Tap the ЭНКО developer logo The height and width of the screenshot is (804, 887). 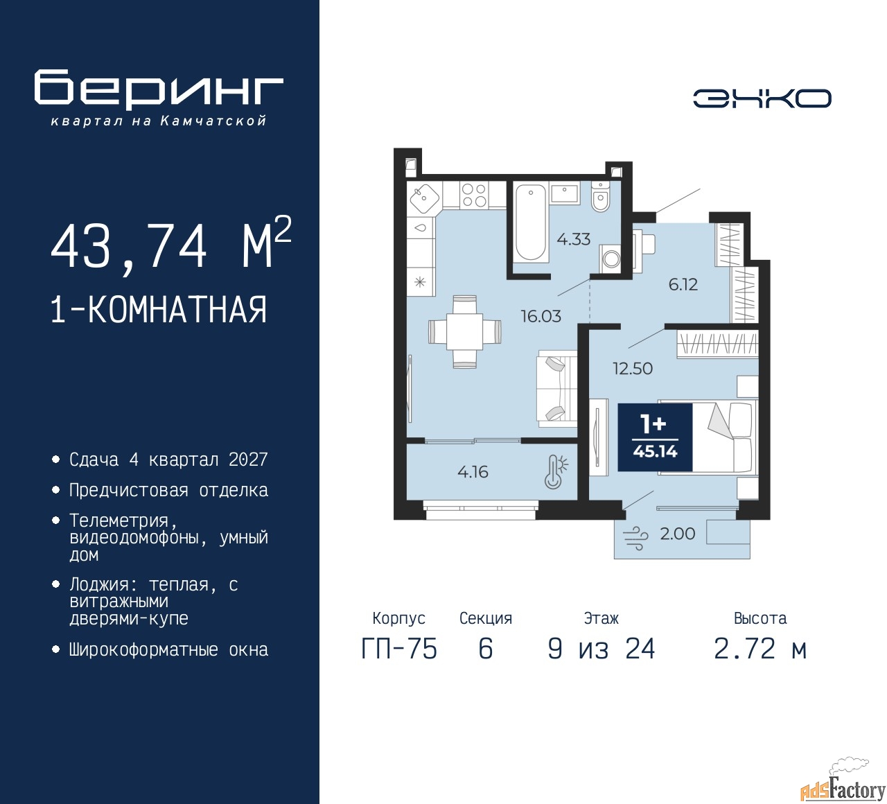tap(762, 98)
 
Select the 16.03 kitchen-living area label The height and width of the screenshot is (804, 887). tap(541, 316)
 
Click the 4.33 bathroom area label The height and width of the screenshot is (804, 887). tap(574, 239)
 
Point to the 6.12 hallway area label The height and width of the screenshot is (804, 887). tap(683, 284)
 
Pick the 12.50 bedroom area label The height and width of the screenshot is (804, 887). tap(632, 369)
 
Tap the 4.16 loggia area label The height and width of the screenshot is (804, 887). tap(473, 472)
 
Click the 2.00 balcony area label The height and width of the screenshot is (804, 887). tap(678, 534)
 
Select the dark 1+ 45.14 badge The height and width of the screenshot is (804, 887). tap(655, 437)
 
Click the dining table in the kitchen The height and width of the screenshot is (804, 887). tap(465, 332)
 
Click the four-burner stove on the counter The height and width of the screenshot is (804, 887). tap(473, 195)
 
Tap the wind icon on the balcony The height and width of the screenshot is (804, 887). tap(635, 539)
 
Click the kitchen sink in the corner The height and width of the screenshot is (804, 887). tap(424, 198)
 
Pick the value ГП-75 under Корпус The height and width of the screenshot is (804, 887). tap(399, 649)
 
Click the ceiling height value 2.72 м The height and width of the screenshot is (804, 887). tap(760, 649)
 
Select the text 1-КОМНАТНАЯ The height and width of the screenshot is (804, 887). tap(159, 310)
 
